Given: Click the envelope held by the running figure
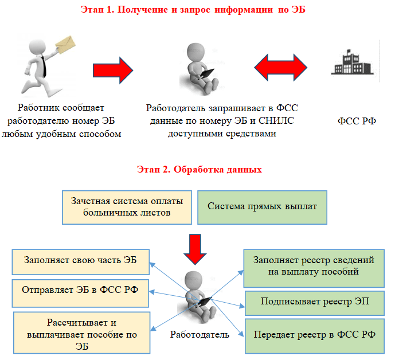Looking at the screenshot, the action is point(65,45).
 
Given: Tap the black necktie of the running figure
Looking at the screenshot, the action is point(44,66).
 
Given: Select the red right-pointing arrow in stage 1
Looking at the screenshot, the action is point(113,71).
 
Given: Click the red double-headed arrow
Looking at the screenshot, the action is point(281,68).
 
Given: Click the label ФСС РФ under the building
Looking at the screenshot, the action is point(357,121).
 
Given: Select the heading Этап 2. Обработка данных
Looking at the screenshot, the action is point(200,169).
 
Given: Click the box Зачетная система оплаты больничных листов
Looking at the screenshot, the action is point(127,208).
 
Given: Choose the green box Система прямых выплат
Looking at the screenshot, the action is point(262,208).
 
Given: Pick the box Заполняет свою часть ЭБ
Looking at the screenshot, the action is point(81,262).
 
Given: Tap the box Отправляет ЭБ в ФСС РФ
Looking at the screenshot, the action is point(80,294).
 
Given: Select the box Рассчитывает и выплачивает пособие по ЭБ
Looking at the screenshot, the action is point(81,333).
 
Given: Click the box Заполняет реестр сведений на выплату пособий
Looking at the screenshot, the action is point(314,268).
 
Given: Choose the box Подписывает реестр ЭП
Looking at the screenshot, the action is point(315,303).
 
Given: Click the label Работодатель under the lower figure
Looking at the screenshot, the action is point(200,335).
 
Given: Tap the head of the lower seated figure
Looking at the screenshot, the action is point(193,280).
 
